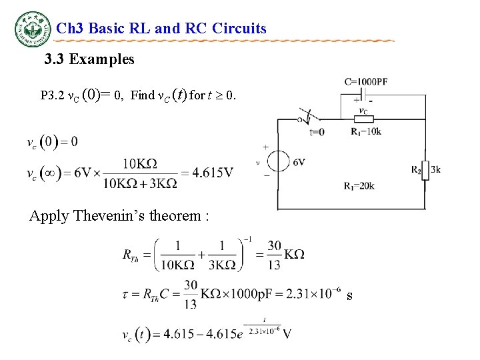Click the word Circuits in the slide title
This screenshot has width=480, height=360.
pyautogui.click(x=239, y=29)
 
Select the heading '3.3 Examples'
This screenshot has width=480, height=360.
pyautogui.click(x=89, y=60)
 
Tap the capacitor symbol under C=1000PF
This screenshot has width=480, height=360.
pyautogui.click(x=363, y=93)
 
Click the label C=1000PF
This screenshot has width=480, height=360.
pyautogui.click(x=366, y=82)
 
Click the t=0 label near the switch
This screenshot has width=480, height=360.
pyautogui.click(x=318, y=132)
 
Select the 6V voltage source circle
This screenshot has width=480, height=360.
pyautogui.click(x=278, y=162)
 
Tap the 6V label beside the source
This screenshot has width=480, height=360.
pyautogui.click(x=299, y=162)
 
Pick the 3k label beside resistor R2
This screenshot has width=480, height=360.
pyautogui.click(x=435, y=170)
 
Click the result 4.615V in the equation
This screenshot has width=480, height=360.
pyautogui.click(x=213, y=173)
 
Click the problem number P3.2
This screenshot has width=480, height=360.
pyautogui.click(x=52, y=95)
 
